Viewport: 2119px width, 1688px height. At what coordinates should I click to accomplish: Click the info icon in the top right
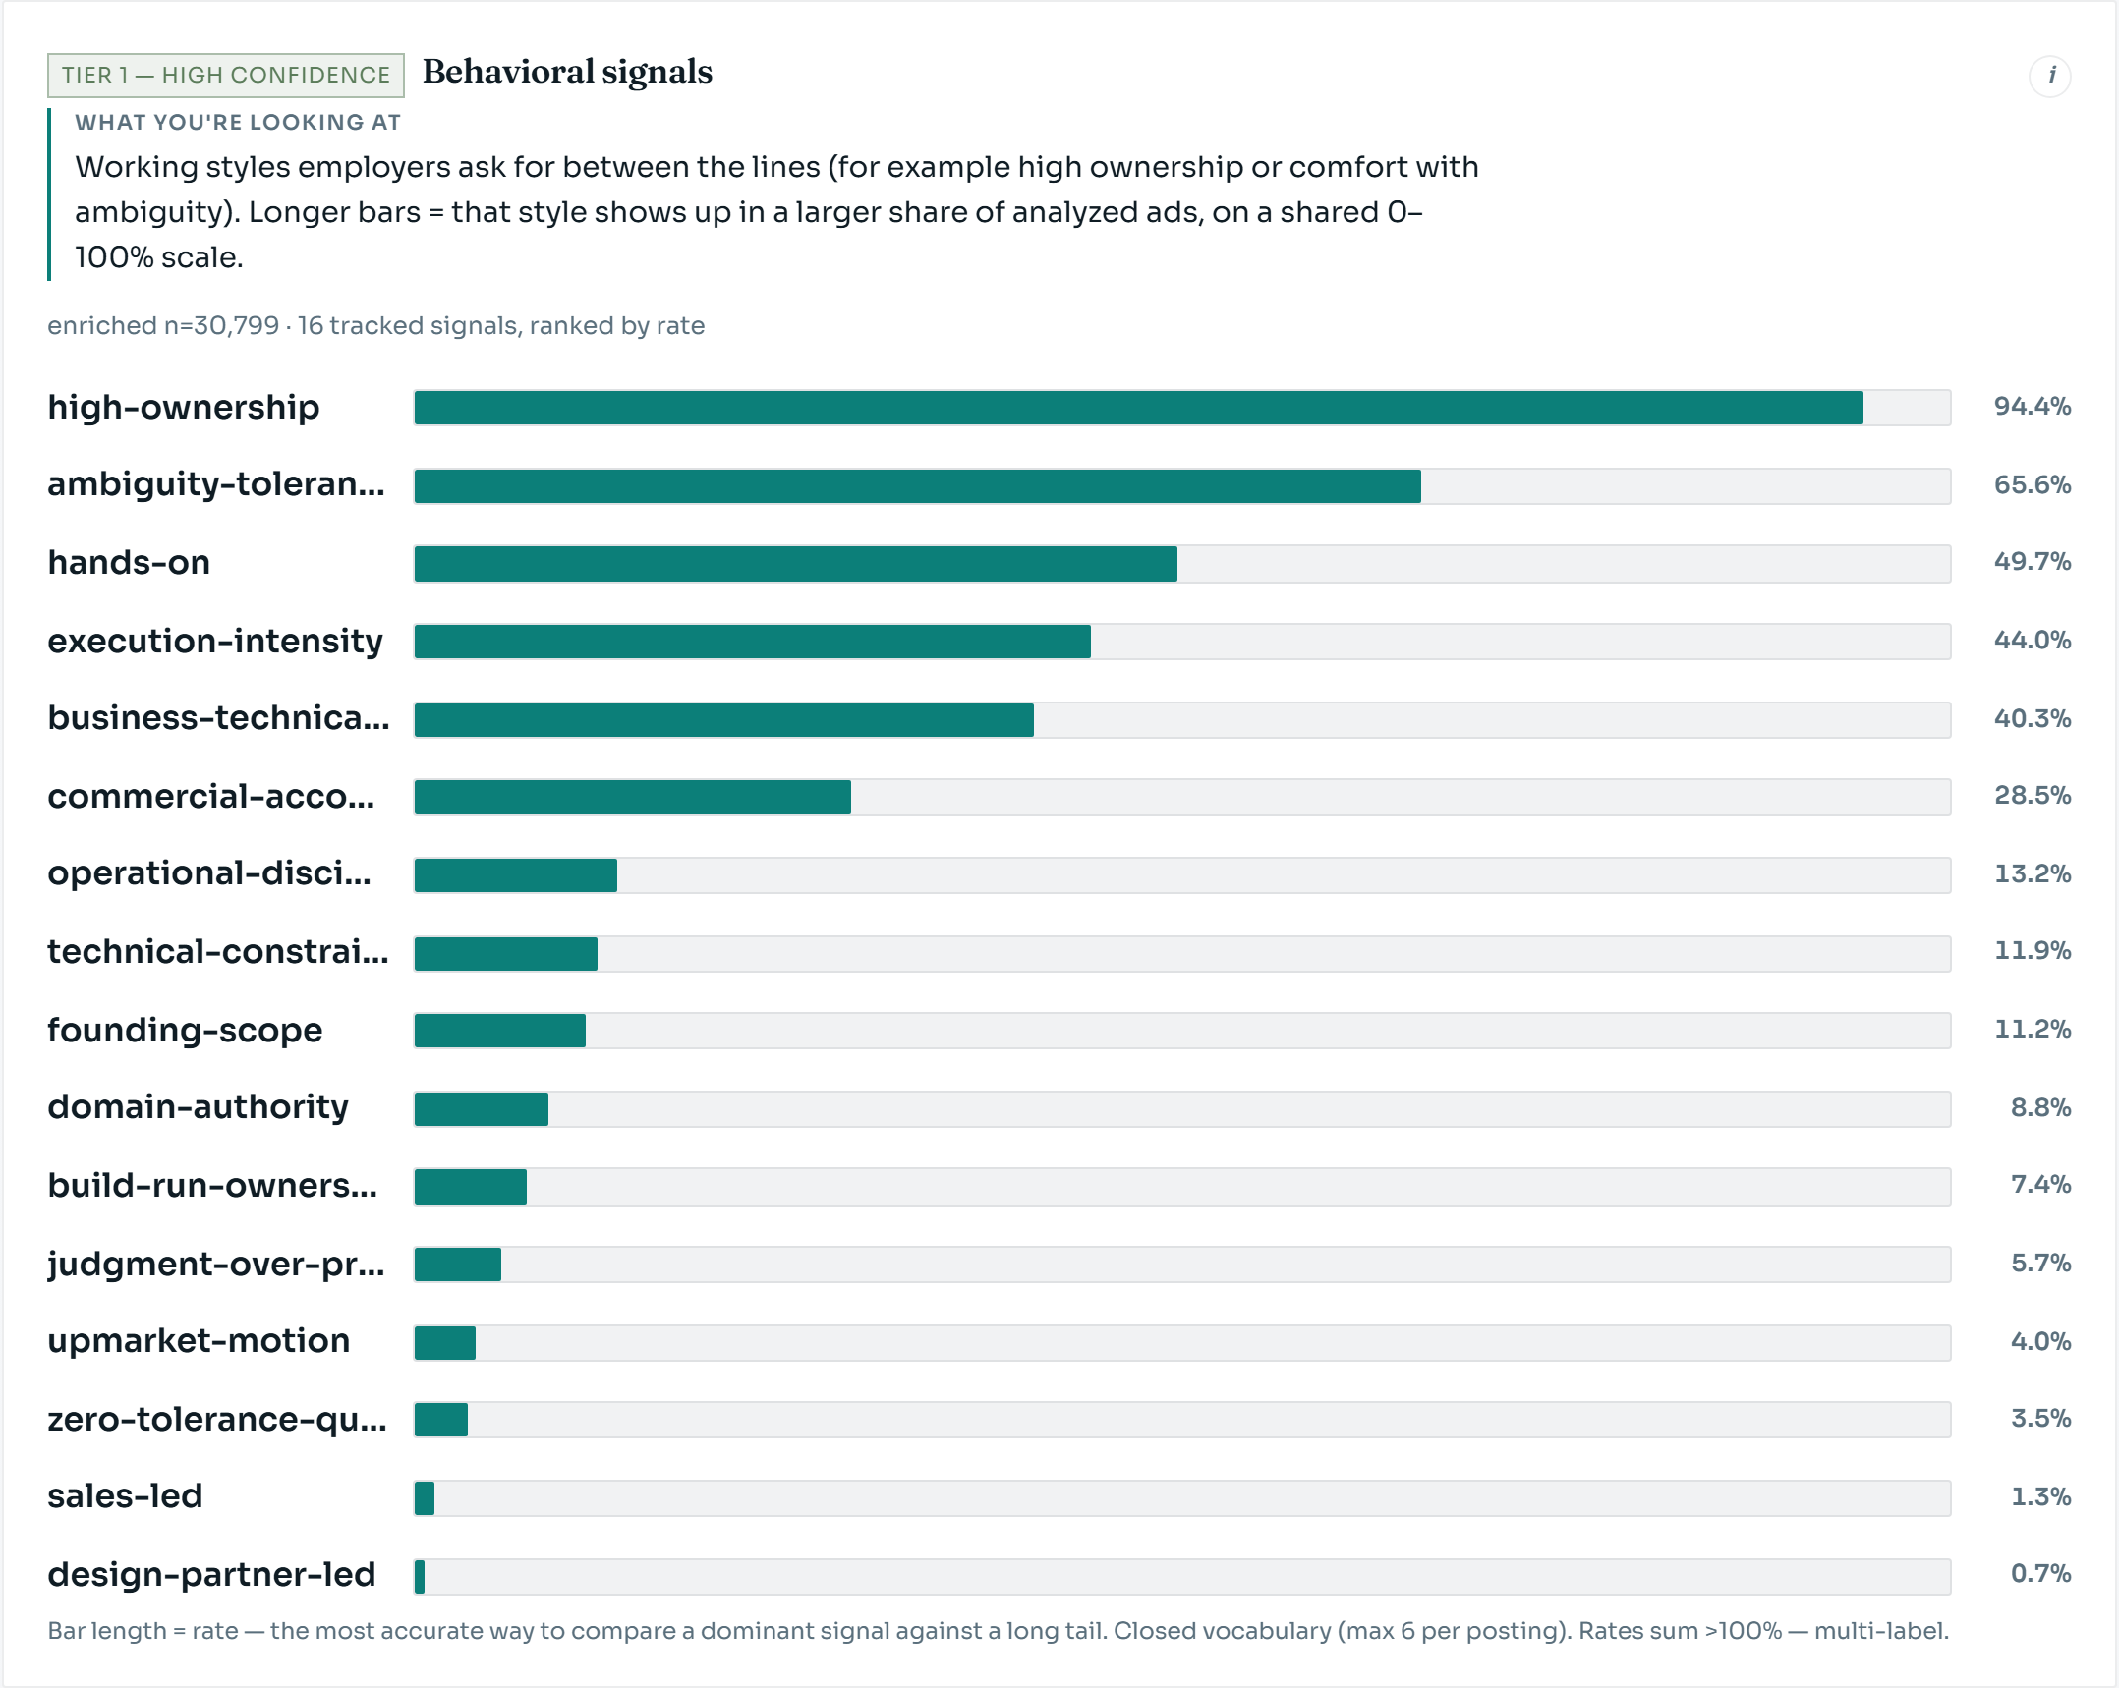coord(2050,76)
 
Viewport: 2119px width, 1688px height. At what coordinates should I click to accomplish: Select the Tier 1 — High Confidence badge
coord(226,76)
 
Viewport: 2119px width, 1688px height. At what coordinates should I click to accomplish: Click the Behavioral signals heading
coord(567,72)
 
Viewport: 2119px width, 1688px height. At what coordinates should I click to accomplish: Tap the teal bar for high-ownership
coord(1138,408)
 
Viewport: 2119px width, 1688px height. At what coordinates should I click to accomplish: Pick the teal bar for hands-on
coord(795,564)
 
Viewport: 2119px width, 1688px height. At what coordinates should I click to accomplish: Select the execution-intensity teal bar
coord(752,642)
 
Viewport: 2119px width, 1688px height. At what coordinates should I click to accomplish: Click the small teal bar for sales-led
coord(424,1498)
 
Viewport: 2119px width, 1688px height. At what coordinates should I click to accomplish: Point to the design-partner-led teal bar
coord(420,1577)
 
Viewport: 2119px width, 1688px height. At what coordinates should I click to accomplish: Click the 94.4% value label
coord(2033,407)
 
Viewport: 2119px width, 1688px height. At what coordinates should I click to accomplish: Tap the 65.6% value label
coord(2033,485)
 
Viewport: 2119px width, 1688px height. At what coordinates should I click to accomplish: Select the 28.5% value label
coord(2033,796)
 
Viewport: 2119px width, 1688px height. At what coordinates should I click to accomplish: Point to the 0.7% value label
coord(2041,1574)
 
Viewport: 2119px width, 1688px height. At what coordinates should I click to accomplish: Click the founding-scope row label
coord(185,1030)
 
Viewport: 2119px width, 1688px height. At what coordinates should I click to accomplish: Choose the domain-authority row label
coord(198,1107)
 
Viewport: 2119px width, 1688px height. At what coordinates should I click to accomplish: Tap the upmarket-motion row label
coord(199,1341)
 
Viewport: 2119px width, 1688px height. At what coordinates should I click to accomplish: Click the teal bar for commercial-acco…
coord(632,797)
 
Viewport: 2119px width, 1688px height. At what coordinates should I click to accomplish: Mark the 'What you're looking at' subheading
coord(238,123)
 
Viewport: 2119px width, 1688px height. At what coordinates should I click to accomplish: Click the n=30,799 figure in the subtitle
coord(222,326)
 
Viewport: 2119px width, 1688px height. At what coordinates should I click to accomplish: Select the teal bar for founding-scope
coord(499,1031)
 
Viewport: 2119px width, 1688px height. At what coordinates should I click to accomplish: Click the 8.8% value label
coord(2041,1108)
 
